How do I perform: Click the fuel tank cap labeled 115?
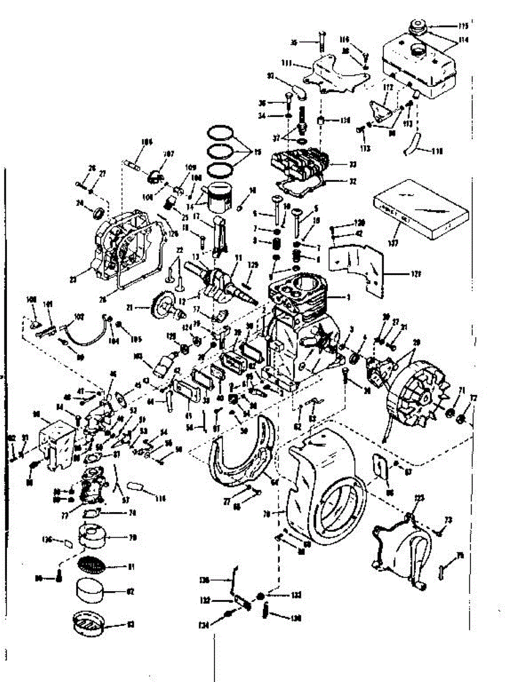coord(418,26)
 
